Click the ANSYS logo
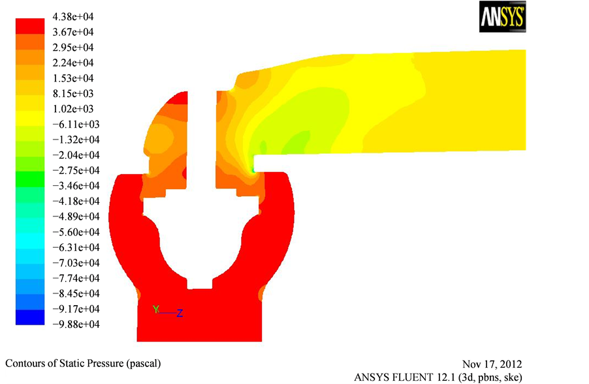click(502, 17)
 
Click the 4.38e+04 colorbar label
click(73, 17)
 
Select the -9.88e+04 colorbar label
click(76, 325)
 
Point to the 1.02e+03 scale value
click(73, 109)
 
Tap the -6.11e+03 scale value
click(76, 125)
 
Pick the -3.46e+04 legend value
click(76, 186)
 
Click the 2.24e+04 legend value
click(73, 63)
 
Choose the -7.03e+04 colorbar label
click(76, 263)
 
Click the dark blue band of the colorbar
click(30, 318)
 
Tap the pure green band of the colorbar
click(30, 179)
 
